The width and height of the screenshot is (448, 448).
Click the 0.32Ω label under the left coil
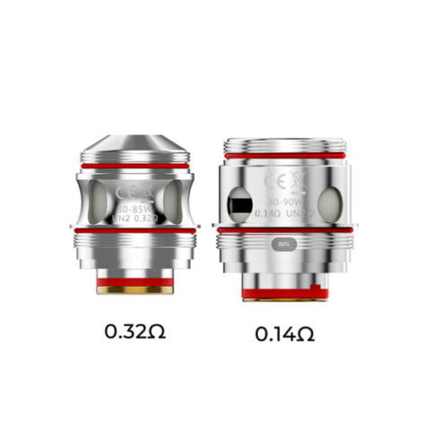(x=134, y=332)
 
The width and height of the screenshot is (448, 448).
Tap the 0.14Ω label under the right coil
(x=284, y=334)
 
